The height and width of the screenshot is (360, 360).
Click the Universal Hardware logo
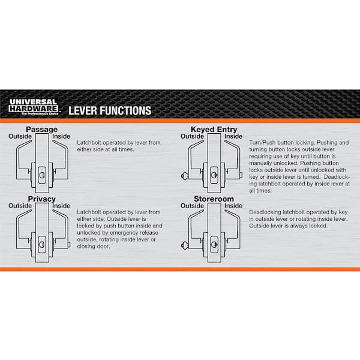click(x=33, y=107)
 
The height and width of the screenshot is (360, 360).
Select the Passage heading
click(x=41, y=130)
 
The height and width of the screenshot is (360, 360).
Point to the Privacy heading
click(x=41, y=199)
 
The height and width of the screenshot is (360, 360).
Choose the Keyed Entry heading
click(x=214, y=130)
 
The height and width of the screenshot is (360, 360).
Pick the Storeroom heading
click(x=214, y=199)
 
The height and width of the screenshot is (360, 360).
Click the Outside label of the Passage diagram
click(x=20, y=136)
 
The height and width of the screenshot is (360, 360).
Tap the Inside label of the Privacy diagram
click(x=61, y=206)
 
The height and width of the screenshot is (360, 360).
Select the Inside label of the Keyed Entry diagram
click(x=233, y=136)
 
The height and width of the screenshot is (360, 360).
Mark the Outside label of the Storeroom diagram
click(x=192, y=206)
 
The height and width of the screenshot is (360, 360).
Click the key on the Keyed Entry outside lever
click(x=185, y=176)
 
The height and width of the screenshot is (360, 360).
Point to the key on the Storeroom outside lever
click(x=185, y=245)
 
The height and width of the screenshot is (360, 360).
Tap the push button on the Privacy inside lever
click(x=68, y=245)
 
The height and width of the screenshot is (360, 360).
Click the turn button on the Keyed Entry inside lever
click(x=241, y=175)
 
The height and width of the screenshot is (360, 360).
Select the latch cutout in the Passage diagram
click(x=42, y=175)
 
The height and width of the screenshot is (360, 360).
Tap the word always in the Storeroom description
click(x=297, y=226)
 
